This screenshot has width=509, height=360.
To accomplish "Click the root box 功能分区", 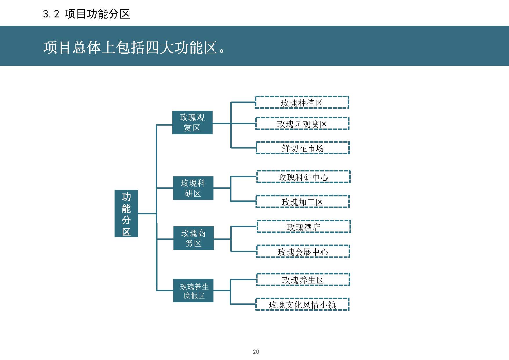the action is click(x=126, y=214).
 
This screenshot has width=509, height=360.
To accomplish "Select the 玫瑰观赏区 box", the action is click(x=192, y=122).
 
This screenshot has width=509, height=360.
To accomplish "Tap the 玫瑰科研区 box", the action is click(x=193, y=188).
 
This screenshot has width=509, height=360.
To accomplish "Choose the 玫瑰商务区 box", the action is click(x=193, y=238).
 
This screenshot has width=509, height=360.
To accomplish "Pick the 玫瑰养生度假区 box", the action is click(x=193, y=291).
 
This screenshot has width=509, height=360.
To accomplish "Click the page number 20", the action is click(x=256, y=352).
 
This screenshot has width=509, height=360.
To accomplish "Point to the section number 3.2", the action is click(x=51, y=14).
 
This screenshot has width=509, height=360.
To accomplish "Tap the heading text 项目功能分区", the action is click(x=97, y=14).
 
